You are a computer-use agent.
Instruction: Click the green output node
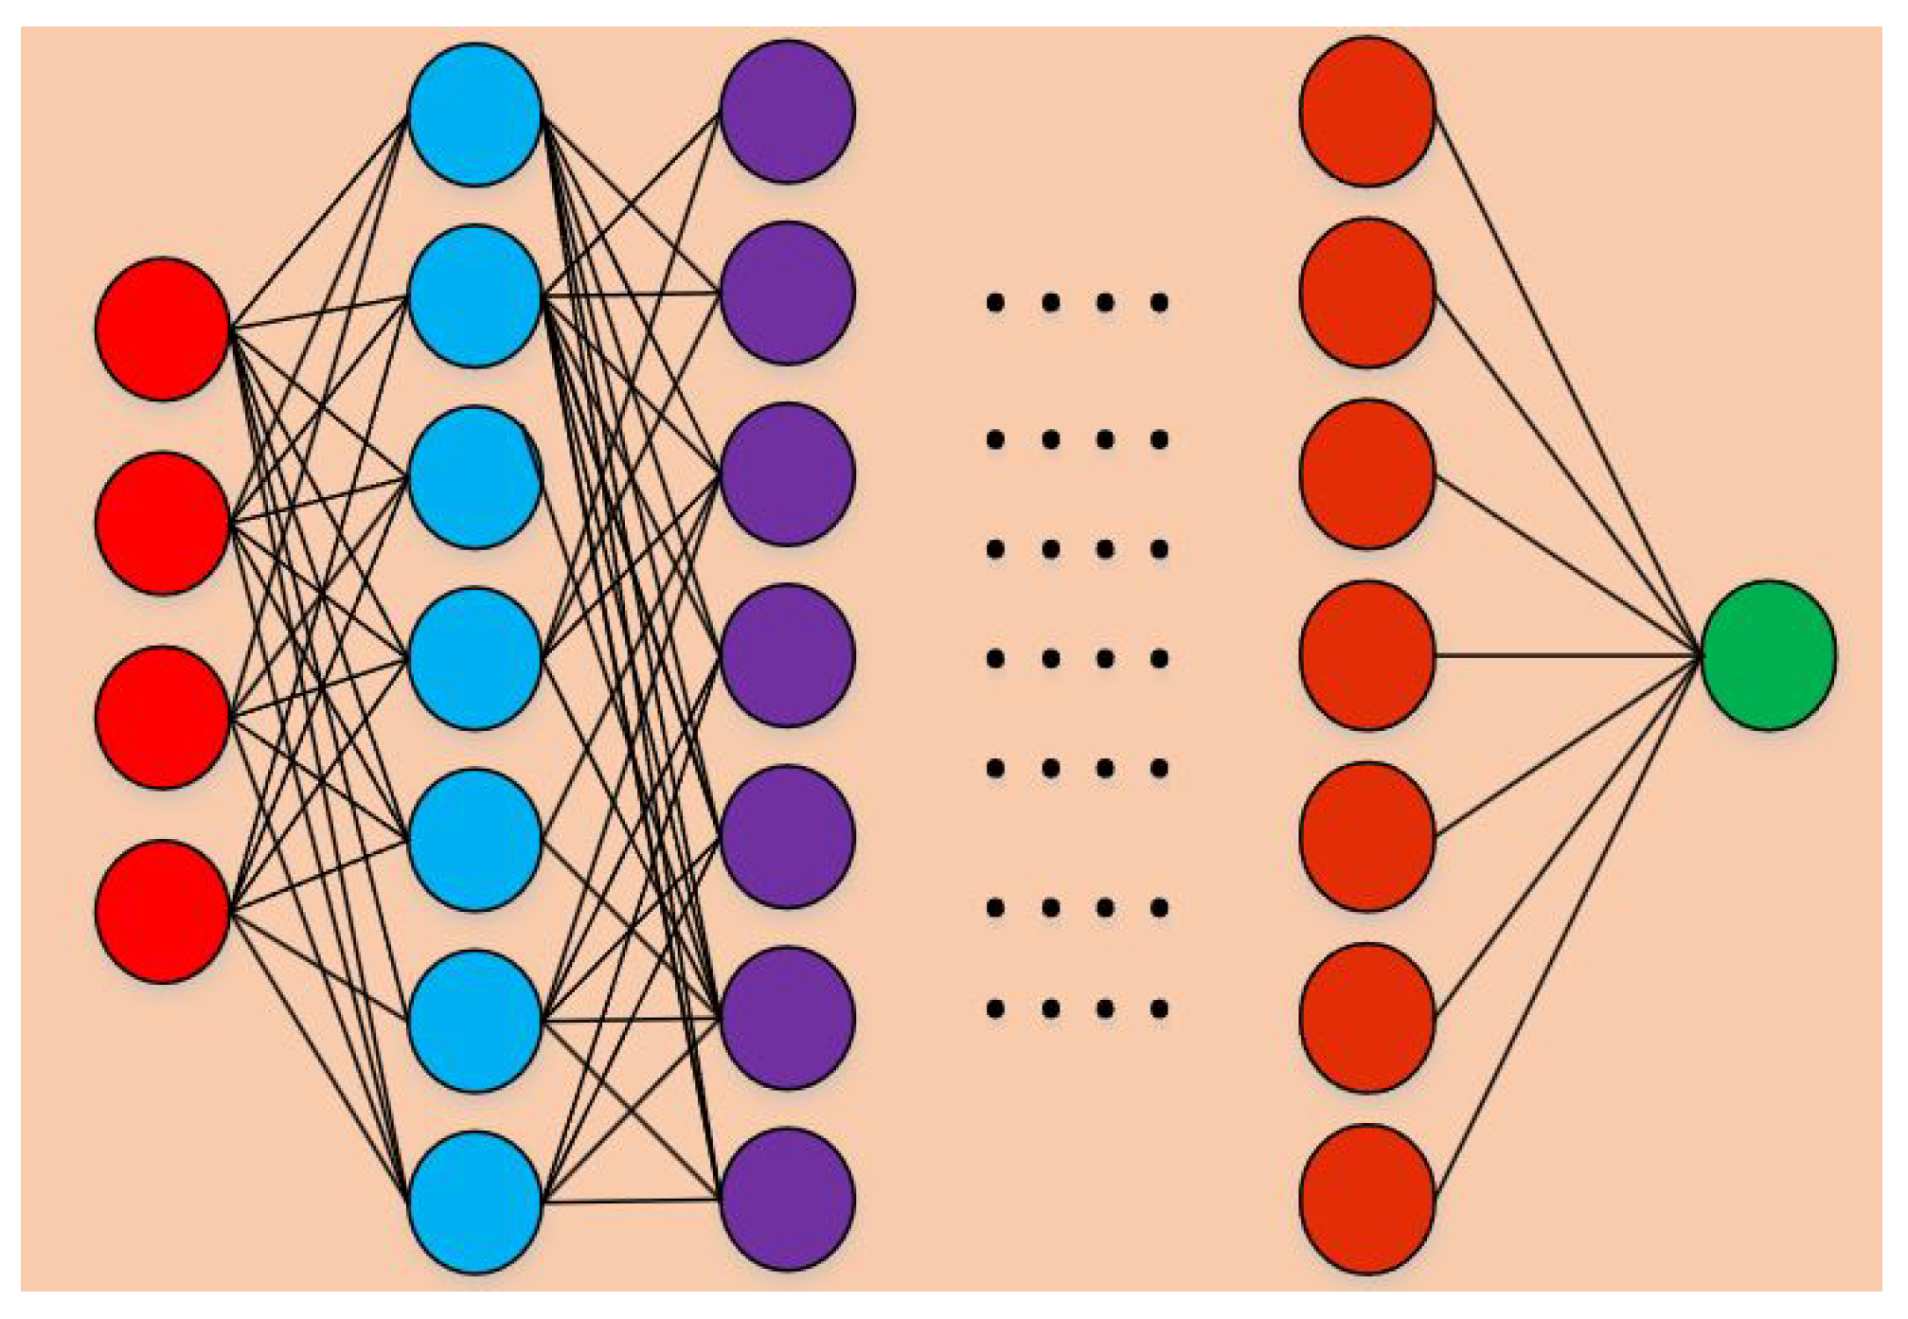tap(1768, 655)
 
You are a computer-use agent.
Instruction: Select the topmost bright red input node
tap(163, 329)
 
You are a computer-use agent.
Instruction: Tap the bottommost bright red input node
tap(163, 911)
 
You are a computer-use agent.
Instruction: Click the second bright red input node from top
tap(163, 523)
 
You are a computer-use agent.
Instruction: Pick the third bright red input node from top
tap(163, 717)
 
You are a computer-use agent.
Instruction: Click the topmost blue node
tap(475, 115)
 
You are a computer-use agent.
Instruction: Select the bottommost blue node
tap(475, 1202)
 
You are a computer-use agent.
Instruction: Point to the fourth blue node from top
tap(475, 658)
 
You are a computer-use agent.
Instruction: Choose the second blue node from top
tap(475, 295)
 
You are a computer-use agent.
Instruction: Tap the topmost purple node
tap(788, 111)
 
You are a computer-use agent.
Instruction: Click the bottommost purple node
tap(788, 1198)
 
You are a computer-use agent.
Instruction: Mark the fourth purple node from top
tap(788, 655)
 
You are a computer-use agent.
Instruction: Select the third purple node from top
tap(788, 473)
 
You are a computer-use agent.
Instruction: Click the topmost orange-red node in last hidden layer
tap(1367, 111)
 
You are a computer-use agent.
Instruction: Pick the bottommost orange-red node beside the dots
tap(1367, 1198)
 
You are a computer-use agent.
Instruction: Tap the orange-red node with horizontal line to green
tap(1367, 655)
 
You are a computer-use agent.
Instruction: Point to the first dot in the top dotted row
tap(995, 303)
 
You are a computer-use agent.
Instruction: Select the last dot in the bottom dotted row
tap(1159, 1008)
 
